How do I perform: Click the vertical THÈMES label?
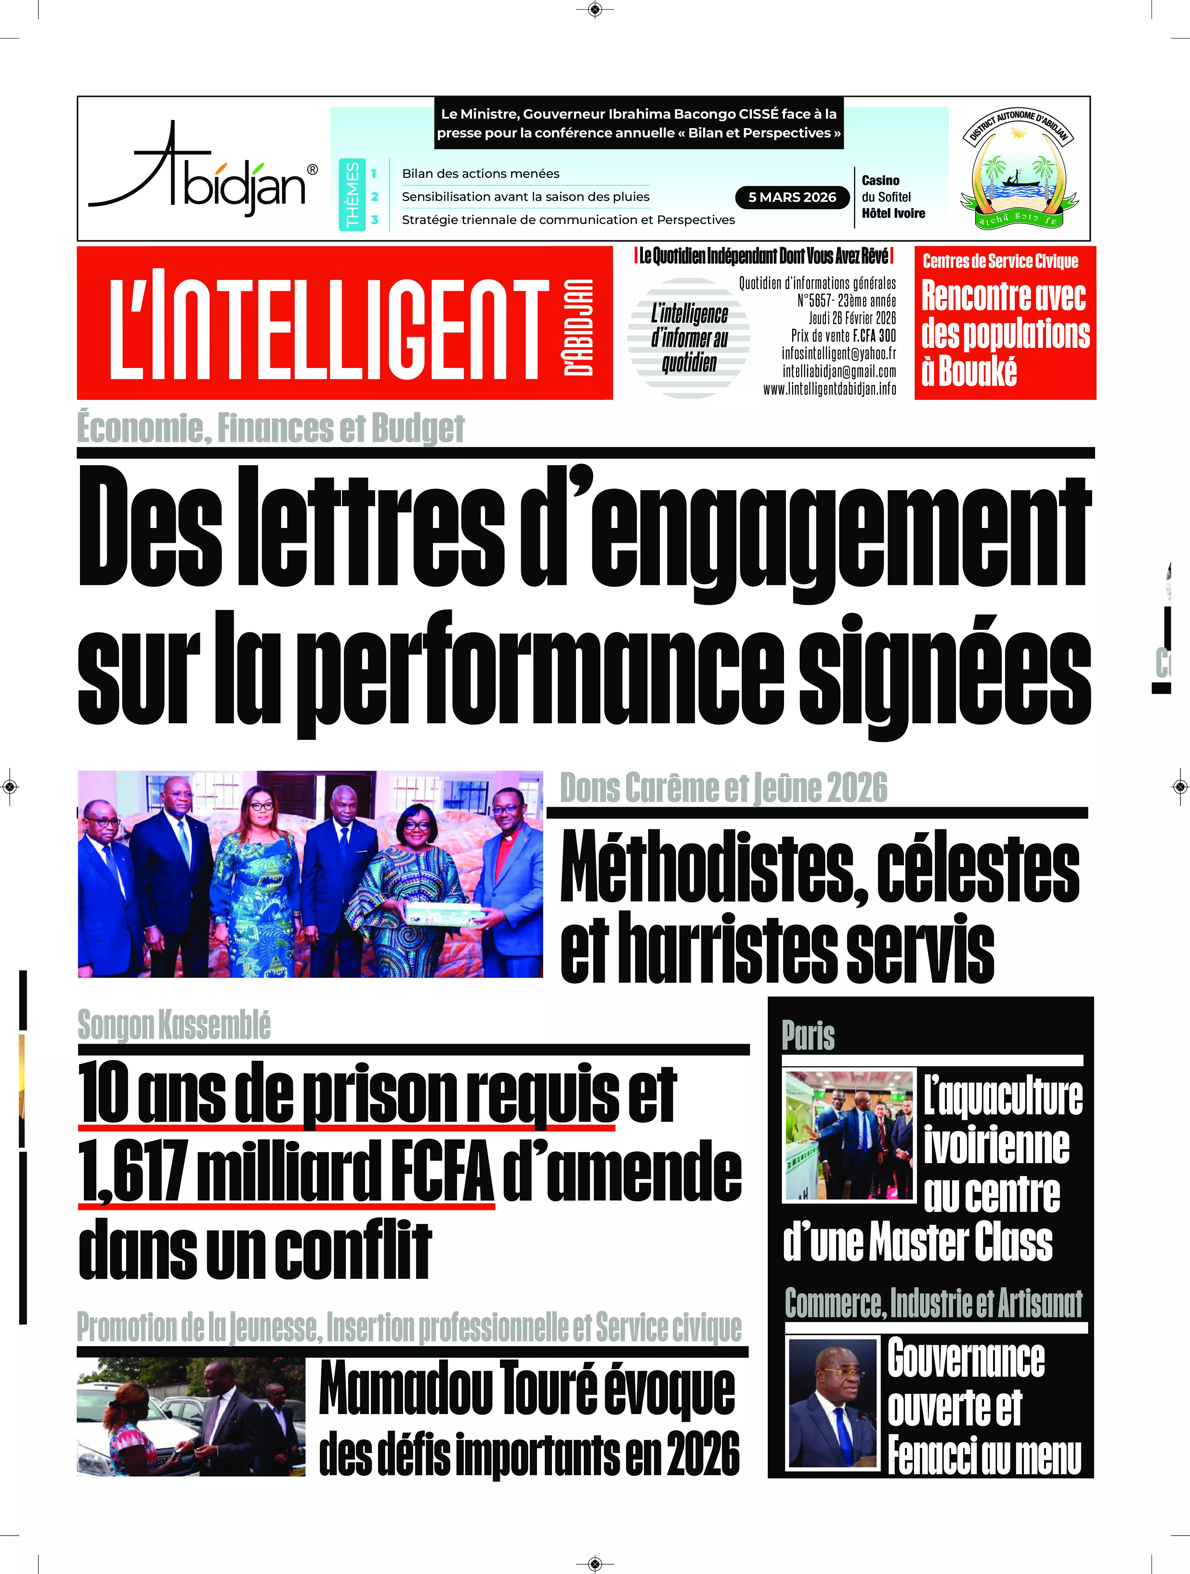352,194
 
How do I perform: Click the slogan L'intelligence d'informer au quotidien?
689,338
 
